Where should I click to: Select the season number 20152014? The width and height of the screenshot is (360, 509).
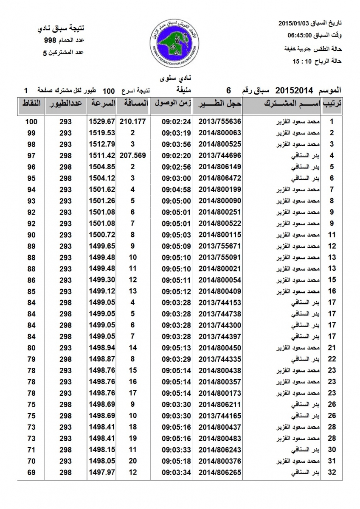pos(294,90)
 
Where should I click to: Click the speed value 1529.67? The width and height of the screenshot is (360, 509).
pos(102,121)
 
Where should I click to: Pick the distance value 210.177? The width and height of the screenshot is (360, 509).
pos(132,121)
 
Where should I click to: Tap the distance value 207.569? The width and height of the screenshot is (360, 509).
pos(132,155)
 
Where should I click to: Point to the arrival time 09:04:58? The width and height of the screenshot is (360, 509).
pos(174,189)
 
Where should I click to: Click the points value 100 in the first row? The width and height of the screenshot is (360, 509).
pos(31,121)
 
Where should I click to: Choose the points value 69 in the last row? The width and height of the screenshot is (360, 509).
pos(31,472)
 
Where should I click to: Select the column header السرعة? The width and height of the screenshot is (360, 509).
pos(102,103)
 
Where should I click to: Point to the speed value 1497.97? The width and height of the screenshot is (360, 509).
pos(102,472)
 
